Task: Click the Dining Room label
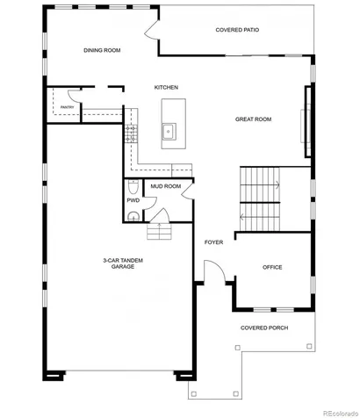(x=102, y=50)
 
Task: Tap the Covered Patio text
(x=237, y=30)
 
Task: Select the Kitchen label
(x=166, y=87)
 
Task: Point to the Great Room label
(x=253, y=119)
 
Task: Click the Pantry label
(x=67, y=107)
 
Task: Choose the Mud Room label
(x=166, y=186)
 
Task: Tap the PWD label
(x=133, y=200)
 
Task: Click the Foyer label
(x=213, y=242)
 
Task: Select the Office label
(x=272, y=267)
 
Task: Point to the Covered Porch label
(x=264, y=328)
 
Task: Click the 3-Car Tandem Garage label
(x=123, y=263)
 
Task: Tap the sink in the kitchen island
(x=169, y=132)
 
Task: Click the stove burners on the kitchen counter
(x=131, y=133)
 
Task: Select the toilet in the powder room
(x=133, y=187)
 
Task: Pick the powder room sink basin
(x=133, y=216)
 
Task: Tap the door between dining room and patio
(x=152, y=29)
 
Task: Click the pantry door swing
(x=74, y=96)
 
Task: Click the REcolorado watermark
(x=341, y=414)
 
